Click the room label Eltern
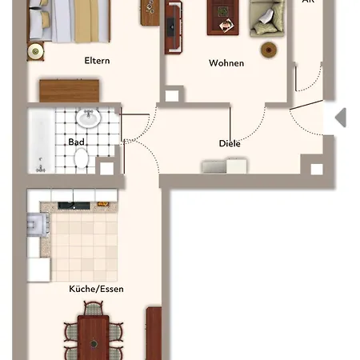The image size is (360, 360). pos(97,61)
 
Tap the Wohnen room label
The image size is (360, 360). pos(226,63)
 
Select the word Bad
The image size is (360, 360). pos(77,142)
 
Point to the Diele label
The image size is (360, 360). pos(230,144)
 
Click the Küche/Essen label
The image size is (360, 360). pos(96,289)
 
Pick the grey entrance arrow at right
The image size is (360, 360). pos(340,118)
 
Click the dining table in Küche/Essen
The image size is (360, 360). pos(93,337)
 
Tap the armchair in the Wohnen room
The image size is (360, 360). pos(265,18)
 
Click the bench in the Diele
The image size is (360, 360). pos(224,166)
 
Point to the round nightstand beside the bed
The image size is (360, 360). pos(34,51)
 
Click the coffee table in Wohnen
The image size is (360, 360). pos(221,16)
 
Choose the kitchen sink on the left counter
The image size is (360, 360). pos(34,225)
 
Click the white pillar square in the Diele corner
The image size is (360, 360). pos(316,169)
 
